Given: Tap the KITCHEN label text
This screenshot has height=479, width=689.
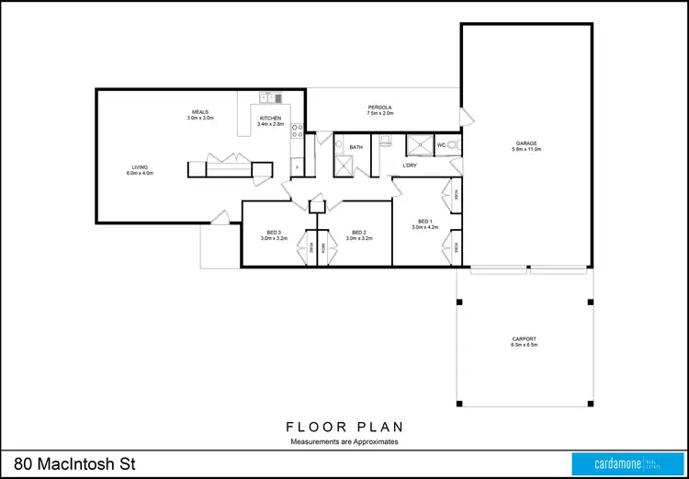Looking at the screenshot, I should (270, 119).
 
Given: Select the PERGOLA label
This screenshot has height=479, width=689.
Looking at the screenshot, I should (379, 108).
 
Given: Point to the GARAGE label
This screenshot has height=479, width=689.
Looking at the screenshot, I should (526, 143).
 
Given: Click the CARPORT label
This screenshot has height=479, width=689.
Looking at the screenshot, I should (524, 339).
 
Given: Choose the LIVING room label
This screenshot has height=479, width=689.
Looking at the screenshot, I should (140, 168).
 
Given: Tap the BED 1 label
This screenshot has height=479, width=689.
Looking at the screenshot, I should (424, 222).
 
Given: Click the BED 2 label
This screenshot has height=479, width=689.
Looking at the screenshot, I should (358, 234).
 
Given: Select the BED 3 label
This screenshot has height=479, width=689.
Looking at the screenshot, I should (274, 234).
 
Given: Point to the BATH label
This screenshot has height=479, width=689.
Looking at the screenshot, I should (356, 147).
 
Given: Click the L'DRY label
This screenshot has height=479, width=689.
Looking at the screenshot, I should (411, 165).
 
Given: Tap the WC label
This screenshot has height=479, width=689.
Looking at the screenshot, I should (441, 145).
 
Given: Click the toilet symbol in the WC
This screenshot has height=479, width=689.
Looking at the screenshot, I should (455, 144).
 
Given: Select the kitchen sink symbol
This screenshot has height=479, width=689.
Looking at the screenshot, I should (268, 97).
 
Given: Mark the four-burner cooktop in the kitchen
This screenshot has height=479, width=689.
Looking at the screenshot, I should (297, 131).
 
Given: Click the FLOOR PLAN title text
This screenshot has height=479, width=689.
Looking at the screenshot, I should (344, 428).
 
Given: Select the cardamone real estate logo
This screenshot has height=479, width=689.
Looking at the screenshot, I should (625, 463).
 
